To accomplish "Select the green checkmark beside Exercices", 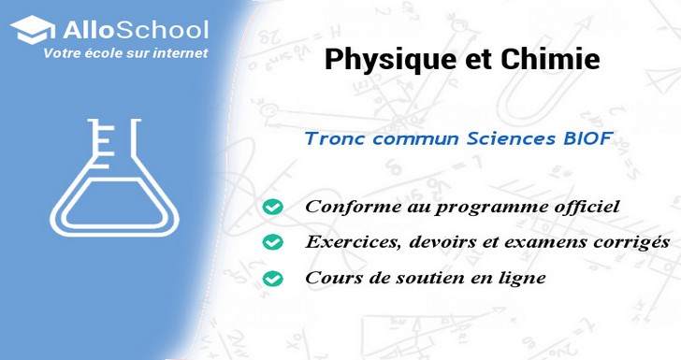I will click(x=272, y=242).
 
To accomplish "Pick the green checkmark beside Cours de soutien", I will click(x=272, y=278).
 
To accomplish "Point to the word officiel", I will click(x=586, y=207).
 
